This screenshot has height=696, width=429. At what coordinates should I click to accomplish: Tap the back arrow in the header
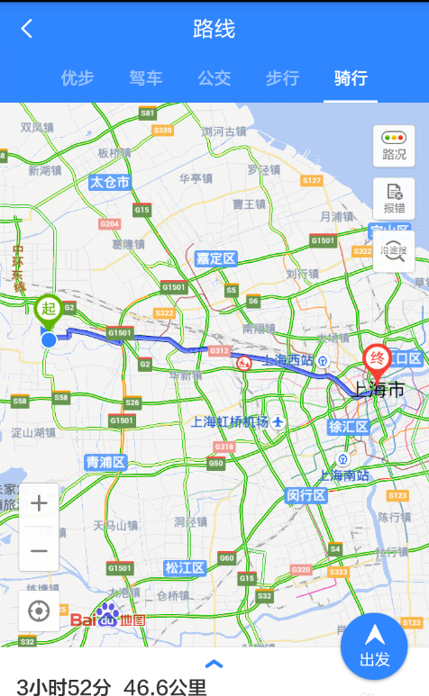tap(27, 29)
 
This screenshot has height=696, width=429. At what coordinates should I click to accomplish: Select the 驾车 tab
tap(146, 78)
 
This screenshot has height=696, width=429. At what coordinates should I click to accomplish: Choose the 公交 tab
tap(214, 78)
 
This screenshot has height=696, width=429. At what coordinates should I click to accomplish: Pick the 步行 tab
tap(282, 78)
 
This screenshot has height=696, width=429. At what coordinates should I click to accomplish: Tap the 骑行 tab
tap(351, 78)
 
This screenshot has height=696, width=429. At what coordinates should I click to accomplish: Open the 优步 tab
tap(78, 78)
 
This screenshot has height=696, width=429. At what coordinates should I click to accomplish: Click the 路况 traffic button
tap(394, 145)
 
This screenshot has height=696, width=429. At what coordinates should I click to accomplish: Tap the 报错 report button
tap(394, 198)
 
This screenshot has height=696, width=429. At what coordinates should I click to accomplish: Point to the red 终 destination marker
tap(377, 360)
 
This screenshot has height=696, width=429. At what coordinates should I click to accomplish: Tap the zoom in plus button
tap(39, 503)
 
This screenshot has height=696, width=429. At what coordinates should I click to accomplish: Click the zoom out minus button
tap(39, 550)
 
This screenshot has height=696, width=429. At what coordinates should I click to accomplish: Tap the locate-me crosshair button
tap(39, 611)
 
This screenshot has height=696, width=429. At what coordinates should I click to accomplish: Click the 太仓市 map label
tap(109, 182)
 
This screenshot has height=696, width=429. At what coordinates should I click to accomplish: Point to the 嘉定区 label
tap(215, 259)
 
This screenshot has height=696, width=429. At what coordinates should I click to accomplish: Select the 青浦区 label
tap(105, 462)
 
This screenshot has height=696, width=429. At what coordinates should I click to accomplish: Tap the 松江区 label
tap(185, 567)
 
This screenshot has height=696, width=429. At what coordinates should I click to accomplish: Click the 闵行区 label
tap(306, 495)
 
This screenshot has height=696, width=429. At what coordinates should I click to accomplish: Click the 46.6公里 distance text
tap(165, 688)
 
